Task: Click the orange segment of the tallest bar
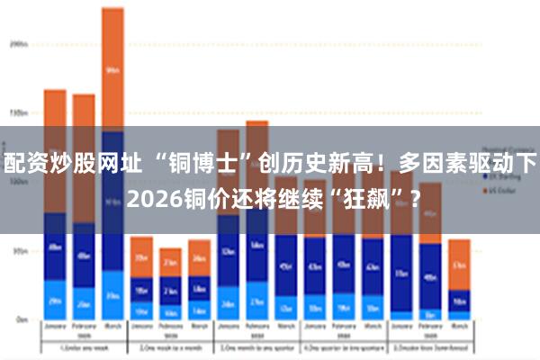[x=112, y=67]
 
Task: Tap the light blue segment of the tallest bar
[x=112, y=290]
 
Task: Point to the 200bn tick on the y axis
[x=19, y=42]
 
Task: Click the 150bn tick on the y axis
[x=19, y=113]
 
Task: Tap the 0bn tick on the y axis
[x=21, y=319]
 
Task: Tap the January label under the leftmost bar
[x=55, y=328]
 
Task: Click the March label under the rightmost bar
[x=459, y=328]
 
